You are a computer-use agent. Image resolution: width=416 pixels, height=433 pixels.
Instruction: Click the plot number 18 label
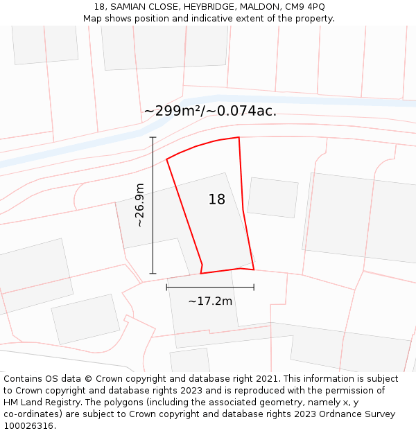click(217, 200)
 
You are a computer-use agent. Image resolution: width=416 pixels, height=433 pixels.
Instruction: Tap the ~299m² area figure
click(173, 111)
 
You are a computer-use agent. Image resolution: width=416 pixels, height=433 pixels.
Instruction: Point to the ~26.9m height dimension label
click(139, 205)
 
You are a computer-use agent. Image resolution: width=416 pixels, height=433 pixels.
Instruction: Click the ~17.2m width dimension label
click(210, 301)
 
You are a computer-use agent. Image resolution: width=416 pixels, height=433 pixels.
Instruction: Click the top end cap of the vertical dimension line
click(153, 137)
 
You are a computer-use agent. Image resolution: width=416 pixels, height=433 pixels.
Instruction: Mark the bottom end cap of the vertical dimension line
click(153, 274)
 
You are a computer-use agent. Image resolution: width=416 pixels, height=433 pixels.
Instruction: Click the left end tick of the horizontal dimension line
click(166, 287)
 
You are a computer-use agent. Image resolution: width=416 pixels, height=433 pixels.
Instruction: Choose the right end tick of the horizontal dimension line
click(254, 287)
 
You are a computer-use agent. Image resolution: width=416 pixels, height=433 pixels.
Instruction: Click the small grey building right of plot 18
click(272, 197)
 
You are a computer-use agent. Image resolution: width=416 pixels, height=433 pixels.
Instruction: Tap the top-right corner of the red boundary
click(239, 137)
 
